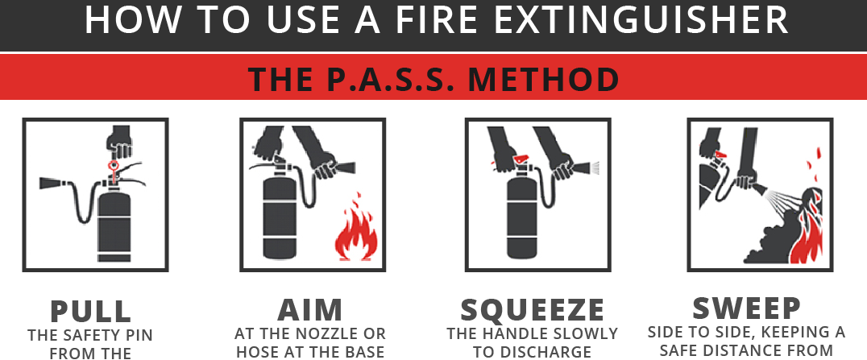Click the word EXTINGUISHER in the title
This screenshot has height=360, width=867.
641,19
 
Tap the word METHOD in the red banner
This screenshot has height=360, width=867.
544,79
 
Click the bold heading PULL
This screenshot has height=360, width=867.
91,311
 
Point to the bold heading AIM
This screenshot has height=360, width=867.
310,310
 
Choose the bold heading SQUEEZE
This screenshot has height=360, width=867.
533,310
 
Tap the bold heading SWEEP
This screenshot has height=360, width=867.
746,308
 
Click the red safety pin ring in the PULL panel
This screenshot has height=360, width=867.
114,166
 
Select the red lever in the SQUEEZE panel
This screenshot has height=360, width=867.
521,159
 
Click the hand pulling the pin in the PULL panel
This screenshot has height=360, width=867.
119,142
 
